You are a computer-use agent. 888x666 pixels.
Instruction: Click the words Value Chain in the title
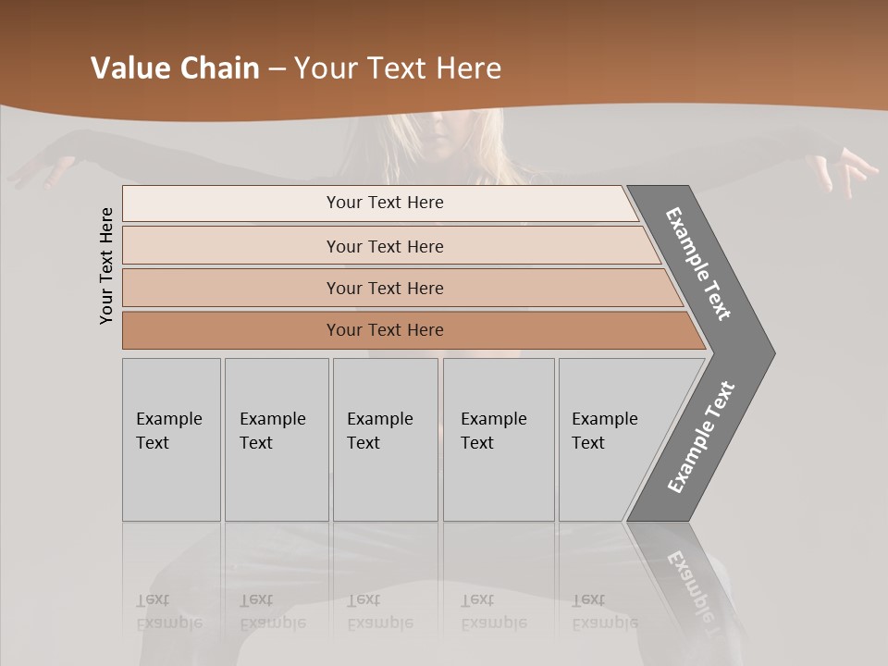coord(175,68)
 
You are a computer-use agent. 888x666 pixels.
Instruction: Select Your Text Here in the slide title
coord(398,68)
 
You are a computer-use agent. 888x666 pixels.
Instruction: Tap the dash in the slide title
coord(277,69)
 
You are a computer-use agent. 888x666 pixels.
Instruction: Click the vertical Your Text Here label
coord(106,265)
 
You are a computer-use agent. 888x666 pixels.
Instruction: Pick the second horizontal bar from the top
coord(384,246)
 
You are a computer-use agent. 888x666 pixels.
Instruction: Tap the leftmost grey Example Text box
coord(171,439)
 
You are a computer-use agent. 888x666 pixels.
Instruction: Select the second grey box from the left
coord(277,439)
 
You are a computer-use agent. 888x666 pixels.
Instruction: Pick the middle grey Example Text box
coord(385,439)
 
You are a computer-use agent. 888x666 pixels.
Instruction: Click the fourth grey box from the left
coord(499,439)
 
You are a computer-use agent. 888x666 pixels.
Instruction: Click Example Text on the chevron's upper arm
coord(698,264)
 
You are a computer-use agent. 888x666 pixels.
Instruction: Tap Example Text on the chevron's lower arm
coord(701,437)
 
